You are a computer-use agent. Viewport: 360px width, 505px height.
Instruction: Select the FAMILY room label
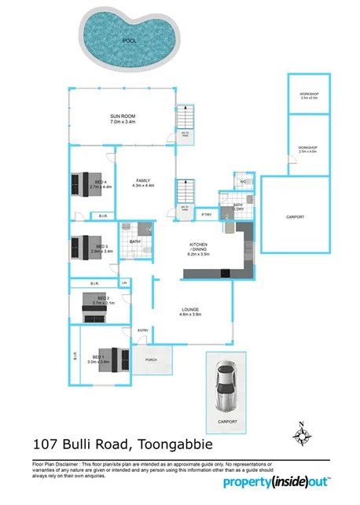click(x=143, y=181)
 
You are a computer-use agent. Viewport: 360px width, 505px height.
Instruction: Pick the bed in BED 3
click(x=83, y=249)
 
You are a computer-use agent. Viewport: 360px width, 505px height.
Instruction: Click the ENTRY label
click(x=143, y=330)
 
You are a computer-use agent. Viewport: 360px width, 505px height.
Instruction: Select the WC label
click(x=243, y=182)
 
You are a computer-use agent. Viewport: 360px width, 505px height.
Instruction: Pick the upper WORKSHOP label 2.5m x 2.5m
click(x=308, y=96)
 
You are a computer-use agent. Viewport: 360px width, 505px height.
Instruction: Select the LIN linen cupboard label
click(x=123, y=282)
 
